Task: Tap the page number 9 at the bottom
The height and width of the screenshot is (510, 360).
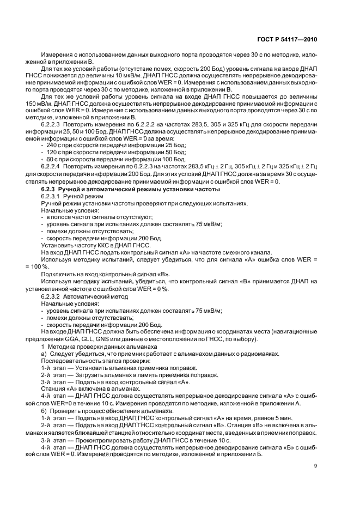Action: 316,465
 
